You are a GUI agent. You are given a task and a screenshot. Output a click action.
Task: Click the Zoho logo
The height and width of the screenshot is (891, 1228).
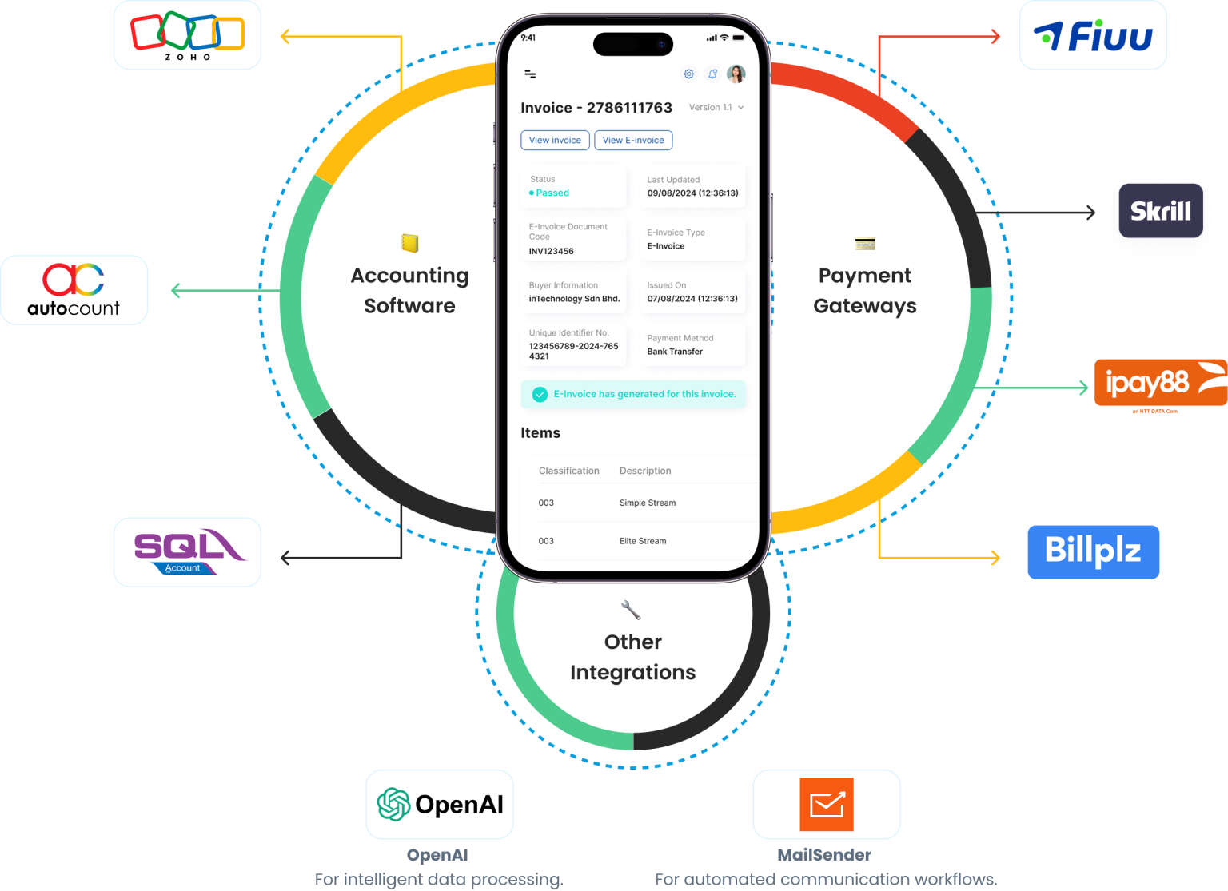pyautogui.click(x=187, y=35)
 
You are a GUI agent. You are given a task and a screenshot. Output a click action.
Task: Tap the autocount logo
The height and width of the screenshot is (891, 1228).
pyautogui.click(x=74, y=290)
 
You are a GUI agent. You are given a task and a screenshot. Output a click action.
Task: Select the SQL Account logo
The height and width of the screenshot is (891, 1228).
pyautogui.click(x=187, y=551)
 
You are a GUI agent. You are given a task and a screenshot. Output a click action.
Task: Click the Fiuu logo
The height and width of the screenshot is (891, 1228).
pyautogui.click(x=1092, y=36)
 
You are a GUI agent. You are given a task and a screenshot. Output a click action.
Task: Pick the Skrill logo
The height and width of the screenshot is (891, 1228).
pyautogui.click(x=1160, y=211)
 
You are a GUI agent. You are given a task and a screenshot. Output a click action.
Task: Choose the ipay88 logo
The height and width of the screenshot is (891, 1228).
pyautogui.click(x=1159, y=383)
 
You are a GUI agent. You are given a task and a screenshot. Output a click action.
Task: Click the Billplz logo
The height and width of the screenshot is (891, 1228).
pyautogui.click(x=1093, y=551)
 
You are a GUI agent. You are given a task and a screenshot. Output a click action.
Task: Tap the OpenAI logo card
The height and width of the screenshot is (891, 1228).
pyautogui.click(x=440, y=804)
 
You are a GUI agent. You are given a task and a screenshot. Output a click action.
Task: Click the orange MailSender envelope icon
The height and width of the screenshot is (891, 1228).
pyautogui.click(x=827, y=804)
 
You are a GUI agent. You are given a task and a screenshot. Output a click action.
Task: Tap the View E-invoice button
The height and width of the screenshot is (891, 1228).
pyautogui.click(x=633, y=141)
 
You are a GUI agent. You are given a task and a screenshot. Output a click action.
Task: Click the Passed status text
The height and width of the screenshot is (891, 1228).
pyautogui.click(x=552, y=193)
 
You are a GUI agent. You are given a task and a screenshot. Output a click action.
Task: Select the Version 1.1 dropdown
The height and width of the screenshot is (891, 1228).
pyautogui.click(x=716, y=108)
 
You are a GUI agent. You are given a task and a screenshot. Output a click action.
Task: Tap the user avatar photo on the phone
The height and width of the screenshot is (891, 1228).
pyautogui.click(x=736, y=74)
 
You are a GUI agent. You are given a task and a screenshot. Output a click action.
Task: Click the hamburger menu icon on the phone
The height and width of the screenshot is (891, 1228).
pyautogui.click(x=530, y=74)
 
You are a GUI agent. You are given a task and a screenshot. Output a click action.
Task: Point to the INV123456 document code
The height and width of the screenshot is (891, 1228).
pyautogui.click(x=551, y=252)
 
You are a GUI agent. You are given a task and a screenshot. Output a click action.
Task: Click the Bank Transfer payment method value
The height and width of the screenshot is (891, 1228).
pyautogui.click(x=675, y=352)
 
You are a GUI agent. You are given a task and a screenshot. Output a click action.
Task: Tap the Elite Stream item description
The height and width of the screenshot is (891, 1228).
pyautogui.click(x=642, y=541)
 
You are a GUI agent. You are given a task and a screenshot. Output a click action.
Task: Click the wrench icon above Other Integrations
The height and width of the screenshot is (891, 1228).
pyautogui.click(x=631, y=611)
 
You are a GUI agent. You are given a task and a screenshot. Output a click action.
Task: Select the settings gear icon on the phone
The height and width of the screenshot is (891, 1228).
pyautogui.click(x=688, y=74)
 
